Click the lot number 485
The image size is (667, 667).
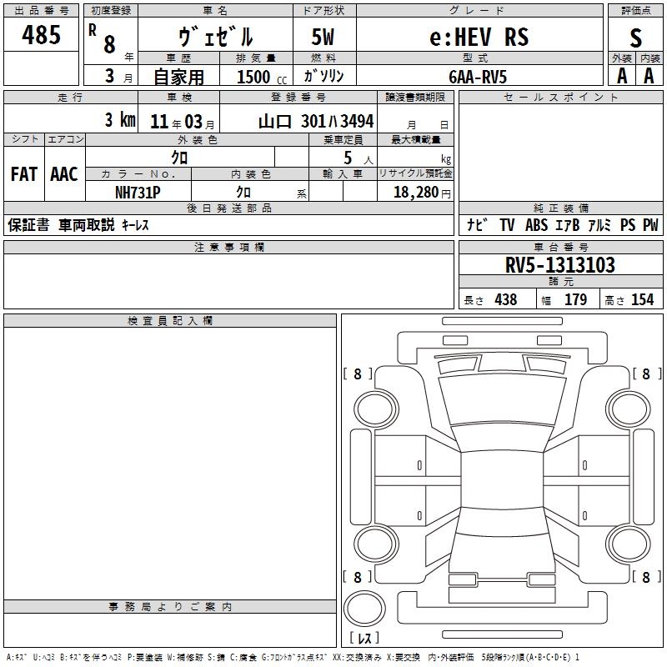coord(41,34)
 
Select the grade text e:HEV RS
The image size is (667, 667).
coord(479,37)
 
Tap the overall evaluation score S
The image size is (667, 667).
coord(635,38)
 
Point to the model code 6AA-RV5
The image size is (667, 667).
coord(478,77)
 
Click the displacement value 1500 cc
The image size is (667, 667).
coord(262,77)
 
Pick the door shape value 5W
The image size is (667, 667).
coord(323,37)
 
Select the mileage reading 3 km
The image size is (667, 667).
coord(120,120)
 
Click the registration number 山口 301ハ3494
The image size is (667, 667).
coord(316,122)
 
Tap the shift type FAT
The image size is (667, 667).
coord(24,174)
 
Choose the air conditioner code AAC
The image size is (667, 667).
coord(64,174)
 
